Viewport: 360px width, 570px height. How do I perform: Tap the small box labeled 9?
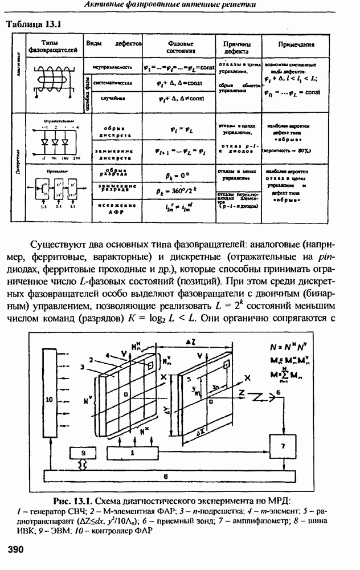83,453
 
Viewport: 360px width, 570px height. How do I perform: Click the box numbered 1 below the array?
133,453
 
